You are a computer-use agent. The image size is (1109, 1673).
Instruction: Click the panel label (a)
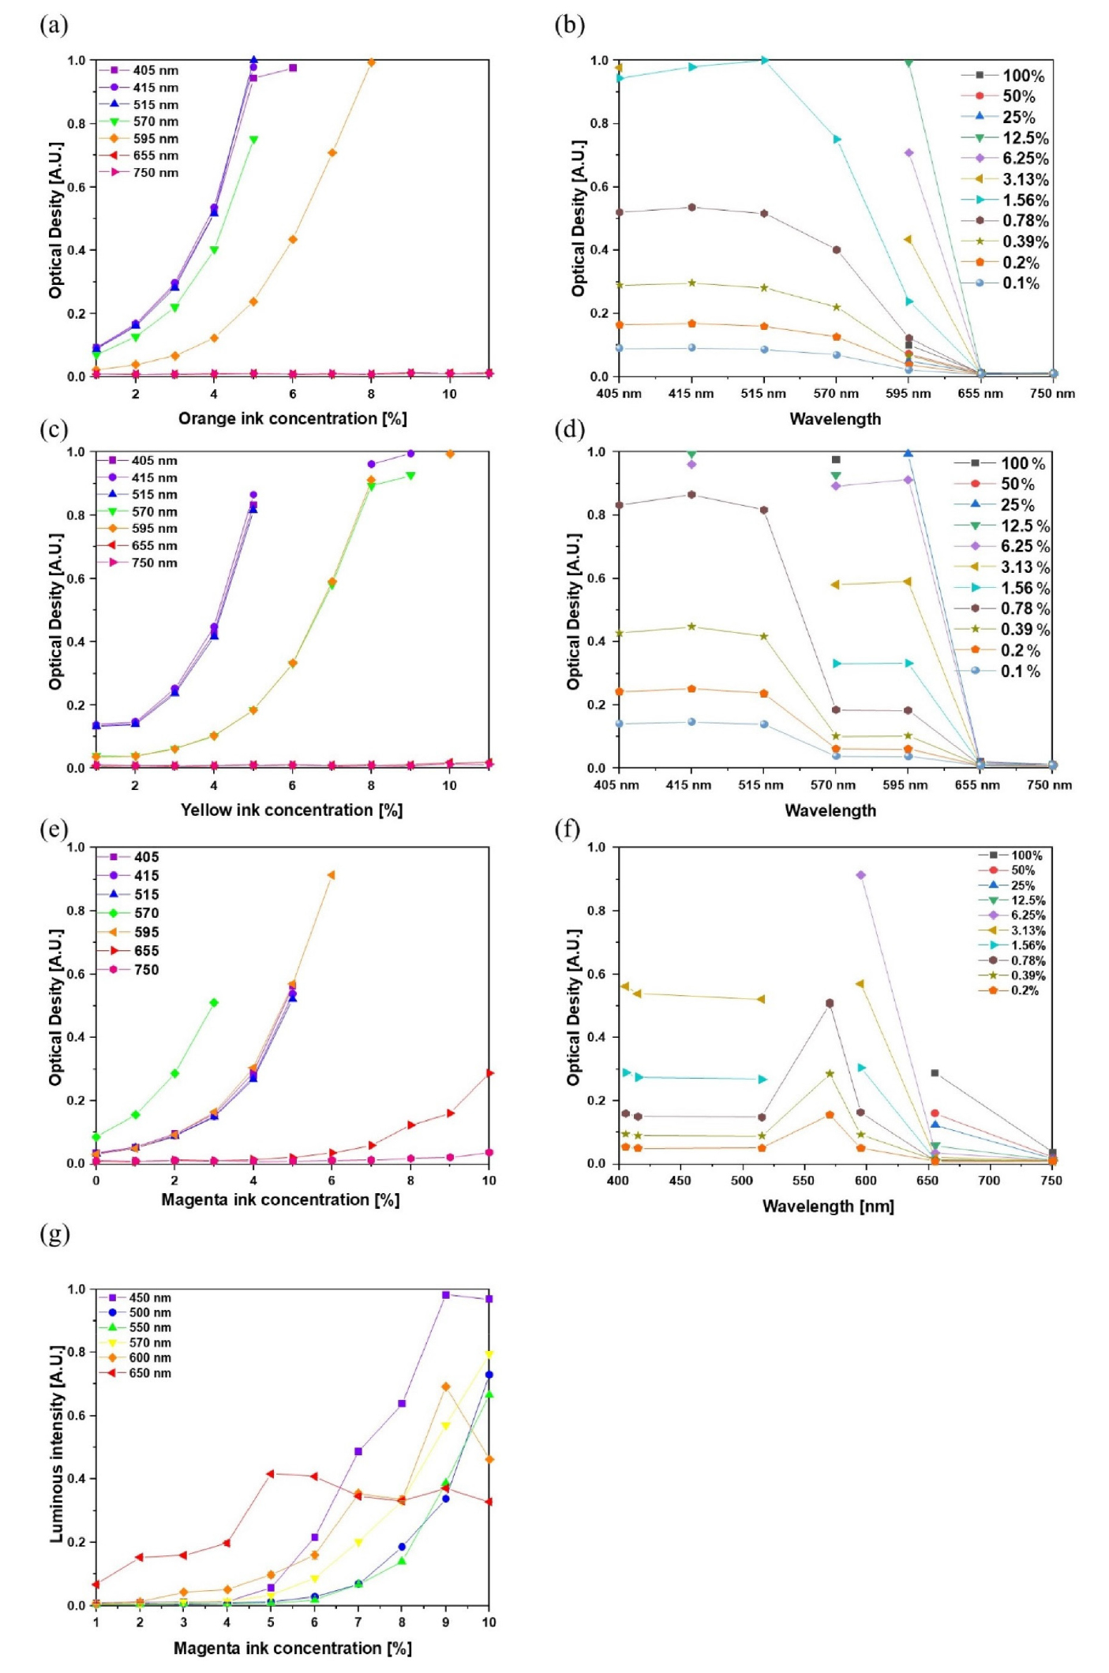pos(54,26)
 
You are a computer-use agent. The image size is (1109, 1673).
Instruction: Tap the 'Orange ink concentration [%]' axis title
pos(292,418)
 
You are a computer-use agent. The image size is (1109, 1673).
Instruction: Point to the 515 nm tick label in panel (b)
pos(763,394)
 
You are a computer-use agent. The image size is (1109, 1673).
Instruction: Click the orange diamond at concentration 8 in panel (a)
pos(371,62)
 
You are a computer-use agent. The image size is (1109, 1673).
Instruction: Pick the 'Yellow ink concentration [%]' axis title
pos(291,810)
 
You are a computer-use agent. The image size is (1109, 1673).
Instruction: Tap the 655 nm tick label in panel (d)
pos(977,785)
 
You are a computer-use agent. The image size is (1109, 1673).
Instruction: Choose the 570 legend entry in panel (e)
pos(146,913)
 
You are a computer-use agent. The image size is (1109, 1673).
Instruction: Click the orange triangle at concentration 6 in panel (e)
pos(331,875)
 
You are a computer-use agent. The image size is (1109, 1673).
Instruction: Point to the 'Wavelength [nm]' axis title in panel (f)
pos(828,1206)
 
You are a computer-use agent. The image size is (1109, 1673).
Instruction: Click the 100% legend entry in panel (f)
pos(1026,855)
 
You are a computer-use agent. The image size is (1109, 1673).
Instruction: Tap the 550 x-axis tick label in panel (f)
pos(804,1181)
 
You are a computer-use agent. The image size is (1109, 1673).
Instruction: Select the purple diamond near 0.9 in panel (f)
pos(860,875)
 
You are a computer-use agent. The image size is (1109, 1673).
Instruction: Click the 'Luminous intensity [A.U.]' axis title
pos(57,1444)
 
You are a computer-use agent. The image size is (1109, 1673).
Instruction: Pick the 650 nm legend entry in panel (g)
pos(149,1373)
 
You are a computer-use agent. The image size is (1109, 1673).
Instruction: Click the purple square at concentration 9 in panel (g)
pos(445,1295)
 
